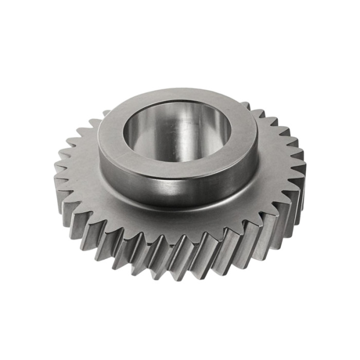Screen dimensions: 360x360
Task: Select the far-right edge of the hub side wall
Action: tap(256, 154)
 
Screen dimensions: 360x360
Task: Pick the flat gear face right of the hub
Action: tap(275, 170)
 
